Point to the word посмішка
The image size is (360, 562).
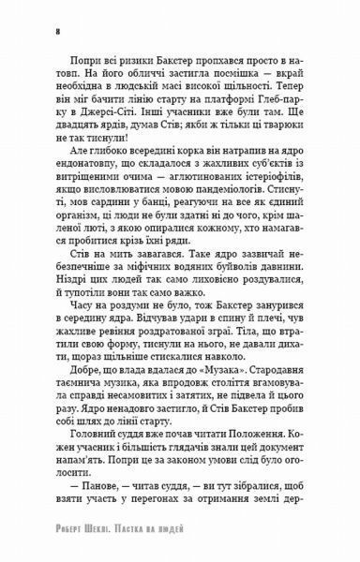(222, 97)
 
